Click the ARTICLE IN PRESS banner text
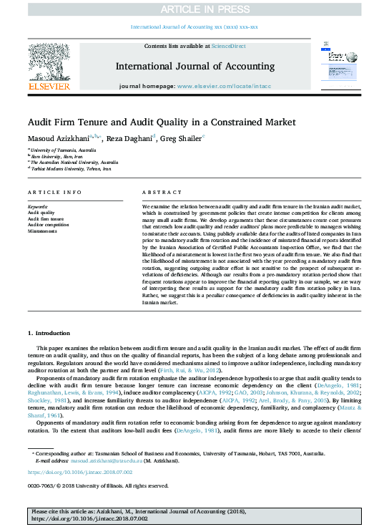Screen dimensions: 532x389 coord(194,9)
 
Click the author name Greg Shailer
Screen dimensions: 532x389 coord(181,140)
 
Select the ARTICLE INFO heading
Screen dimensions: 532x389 coord(54,193)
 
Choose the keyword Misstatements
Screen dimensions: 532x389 coord(42,231)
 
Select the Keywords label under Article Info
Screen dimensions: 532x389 coord(37,206)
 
